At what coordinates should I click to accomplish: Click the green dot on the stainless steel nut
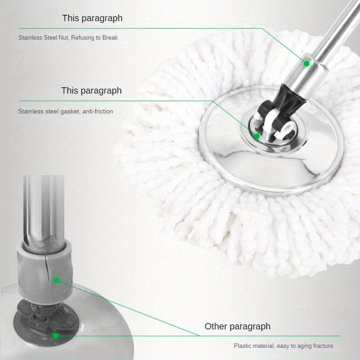[x=306, y=63]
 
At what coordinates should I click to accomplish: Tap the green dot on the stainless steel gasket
[x=256, y=135]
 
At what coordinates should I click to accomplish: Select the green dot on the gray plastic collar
[x=56, y=280]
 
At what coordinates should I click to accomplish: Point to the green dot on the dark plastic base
[x=55, y=335]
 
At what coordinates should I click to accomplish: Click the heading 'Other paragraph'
[x=238, y=326]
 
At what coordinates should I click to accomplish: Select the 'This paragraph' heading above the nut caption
[x=92, y=18]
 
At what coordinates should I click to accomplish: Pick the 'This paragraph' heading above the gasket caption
[x=91, y=90]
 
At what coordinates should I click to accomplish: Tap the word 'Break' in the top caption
[x=110, y=38]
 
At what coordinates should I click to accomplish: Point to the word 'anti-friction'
[x=97, y=111]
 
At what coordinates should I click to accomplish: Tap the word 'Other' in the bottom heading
[x=216, y=326]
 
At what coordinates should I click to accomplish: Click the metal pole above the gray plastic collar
[x=43, y=207]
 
